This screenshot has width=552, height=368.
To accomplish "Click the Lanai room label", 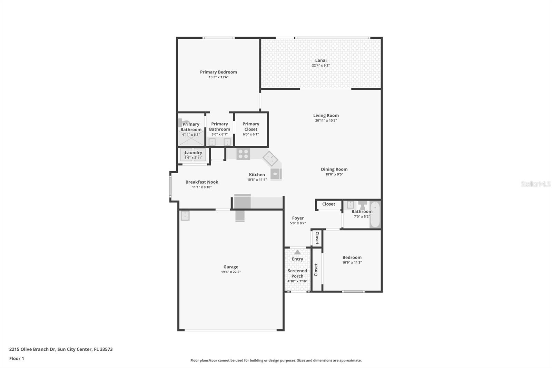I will pyautogui.click(x=321, y=60).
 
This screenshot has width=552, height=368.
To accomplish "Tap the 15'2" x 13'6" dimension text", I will pyautogui.click(x=218, y=77).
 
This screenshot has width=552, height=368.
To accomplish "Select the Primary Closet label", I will pyautogui.click(x=251, y=126).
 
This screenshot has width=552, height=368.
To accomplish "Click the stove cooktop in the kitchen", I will pyautogui.click(x=243, y=154).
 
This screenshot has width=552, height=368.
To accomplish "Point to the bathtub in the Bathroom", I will pyautogui.click(x=375, y=215).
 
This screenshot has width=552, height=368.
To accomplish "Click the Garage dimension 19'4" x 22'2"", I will pyautogui.click(x=231, y=272).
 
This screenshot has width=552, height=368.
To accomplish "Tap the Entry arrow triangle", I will pyautogui.click(x=297, y=252).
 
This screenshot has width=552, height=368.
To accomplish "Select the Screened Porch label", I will pyautogui.click(x=297, y=273).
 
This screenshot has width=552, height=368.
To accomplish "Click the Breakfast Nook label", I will pyautogui.click(x=202, y=182).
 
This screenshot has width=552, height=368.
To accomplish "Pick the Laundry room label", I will pyautogui.click(x=193, y=153).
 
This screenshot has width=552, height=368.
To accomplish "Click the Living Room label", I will pyautogui.click(x=326, y=115).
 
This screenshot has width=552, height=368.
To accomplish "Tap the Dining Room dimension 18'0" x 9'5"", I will pyautogui.click(x=334, y=174).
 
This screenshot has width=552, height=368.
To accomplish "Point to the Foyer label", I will pyautogui.click(x=298, y=218).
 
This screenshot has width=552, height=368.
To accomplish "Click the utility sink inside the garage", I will pyautogui.click(x=185, y=215).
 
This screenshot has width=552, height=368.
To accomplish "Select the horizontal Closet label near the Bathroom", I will pyautogui.click(x=328, y=204).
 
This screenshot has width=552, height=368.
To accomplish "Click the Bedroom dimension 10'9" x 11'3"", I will pyautogui.click(x=352, y=262).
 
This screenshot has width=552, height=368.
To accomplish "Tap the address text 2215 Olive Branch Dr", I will pyautogui.click(x=32, y=349).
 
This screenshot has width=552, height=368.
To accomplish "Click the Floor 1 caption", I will pyautogui.click(x=17, y=358).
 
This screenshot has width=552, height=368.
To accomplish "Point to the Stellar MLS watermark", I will pyautogui.click(x=535, y=184).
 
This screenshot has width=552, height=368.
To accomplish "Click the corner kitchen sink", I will pyautogui.click(x=270, y=158).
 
